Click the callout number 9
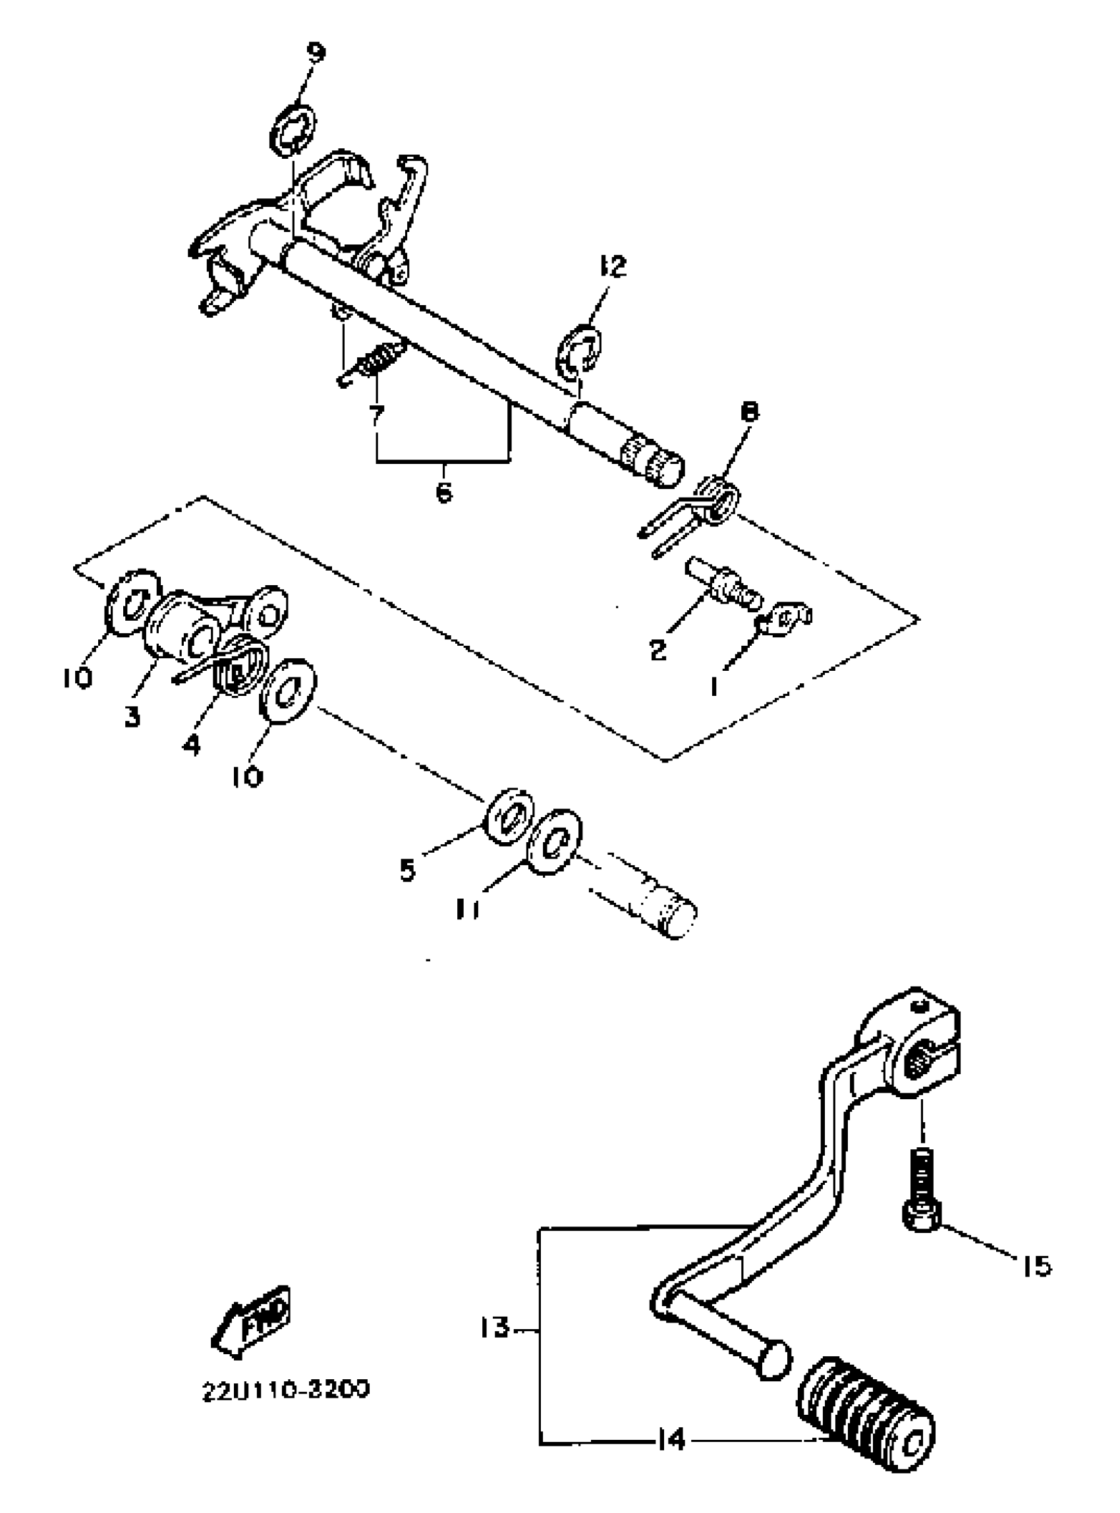[x=316, y=52]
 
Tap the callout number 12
[x=613, y=266]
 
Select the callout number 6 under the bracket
[x=443, y=493]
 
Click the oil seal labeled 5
[x=509, y=816]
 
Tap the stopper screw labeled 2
[x=723, y=584]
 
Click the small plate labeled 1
[x=785, y=619]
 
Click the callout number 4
[x=192, y=745]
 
